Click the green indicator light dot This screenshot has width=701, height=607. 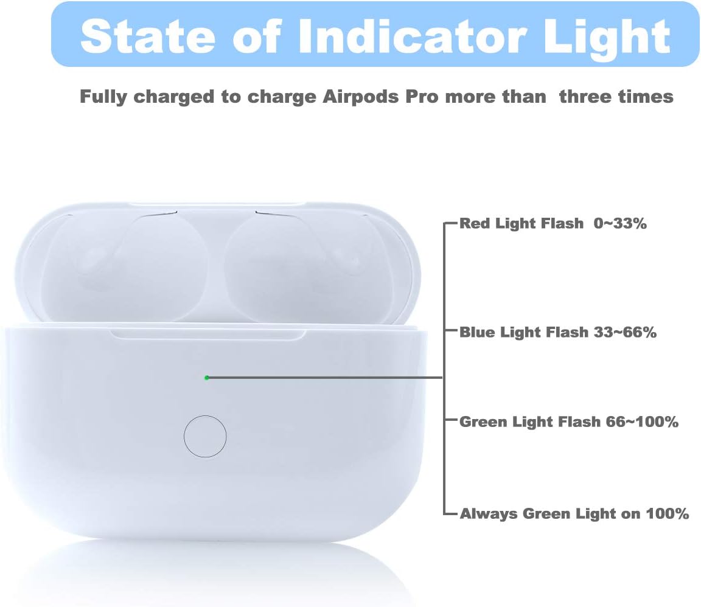(207, 378)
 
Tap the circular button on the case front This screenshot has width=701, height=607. (205, 436)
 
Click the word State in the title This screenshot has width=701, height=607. (144, 36)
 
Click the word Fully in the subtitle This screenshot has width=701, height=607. (103, 97)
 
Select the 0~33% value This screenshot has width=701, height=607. (621, 224)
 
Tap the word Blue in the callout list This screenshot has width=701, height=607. (477, 333)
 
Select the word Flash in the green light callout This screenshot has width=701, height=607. (577, 422)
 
